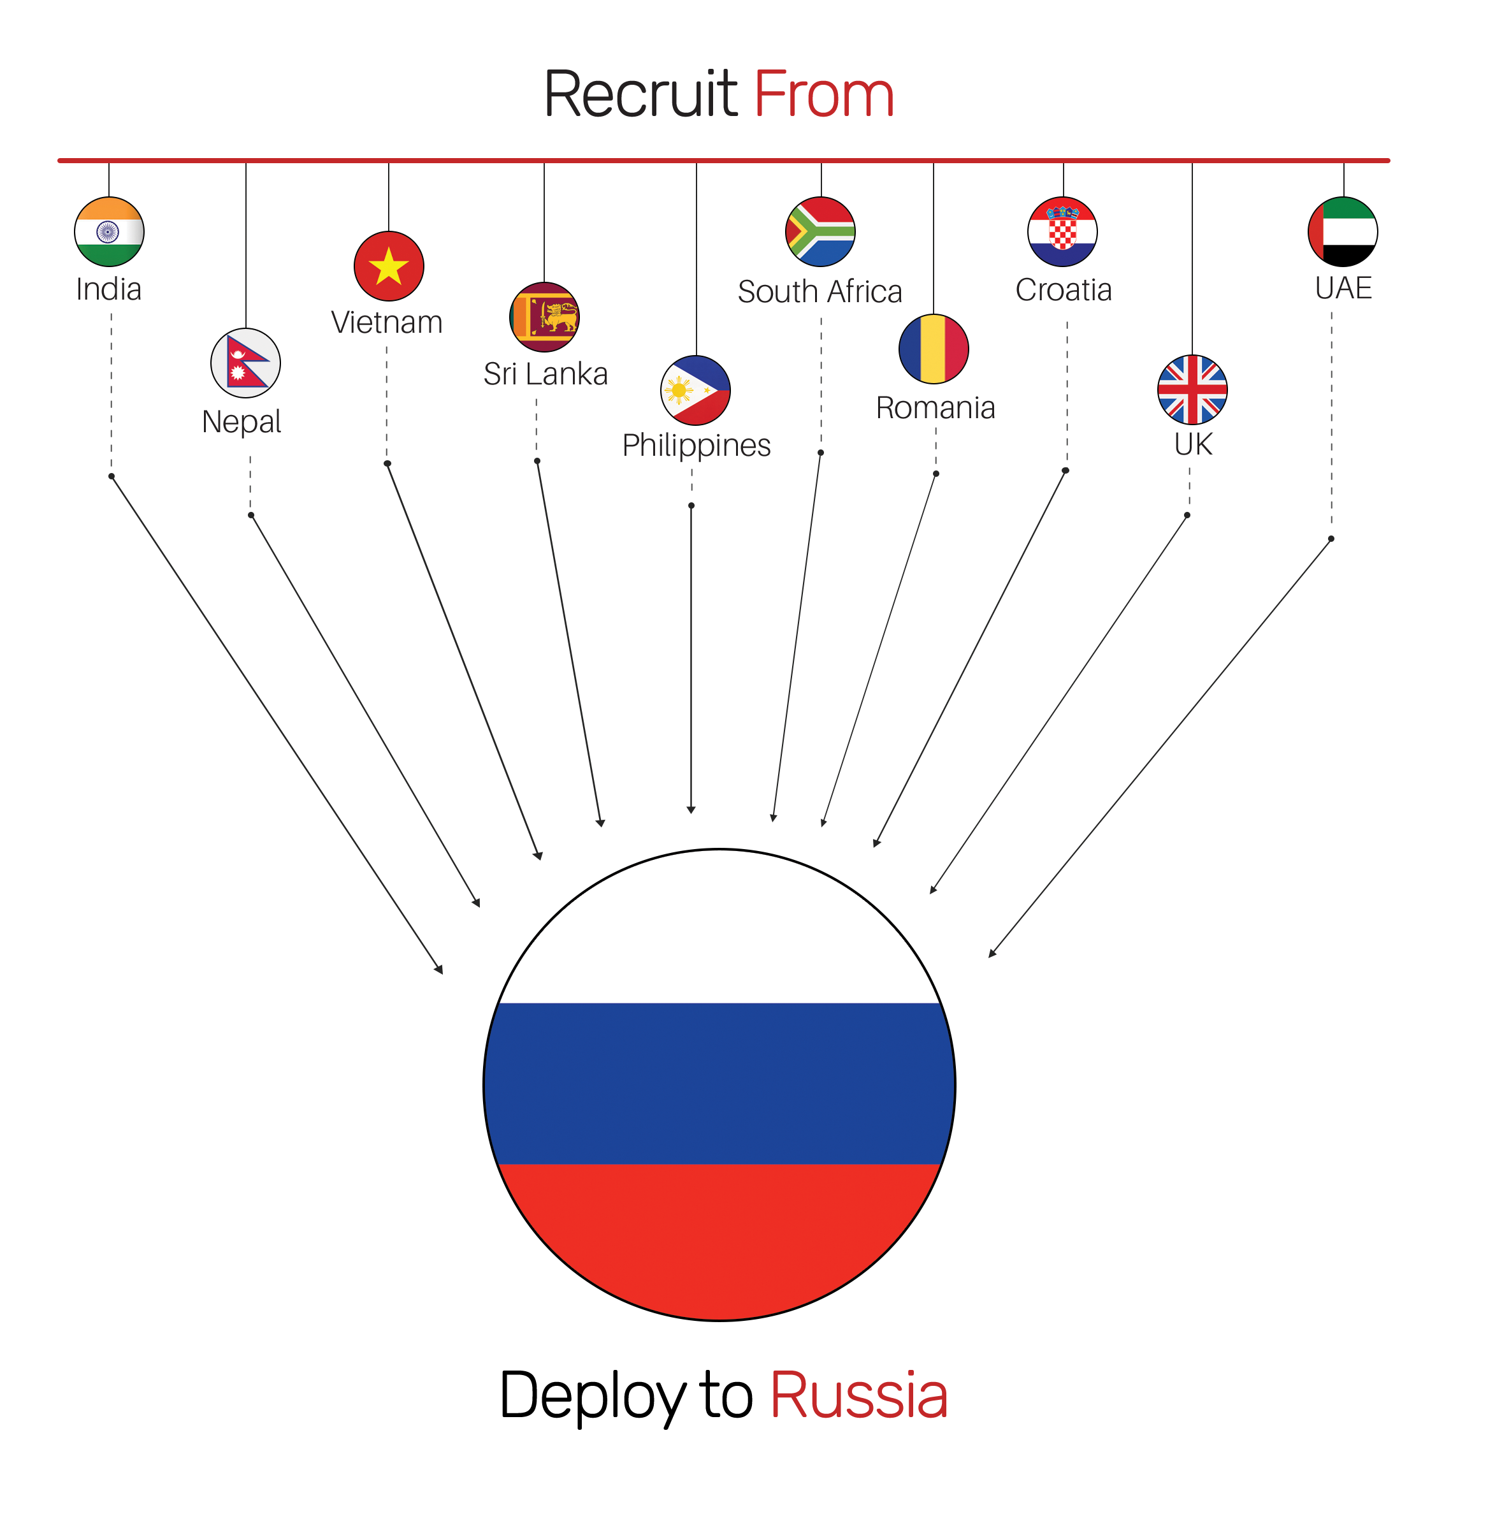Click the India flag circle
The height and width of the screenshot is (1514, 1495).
pyautogui.click(x=109, y=232)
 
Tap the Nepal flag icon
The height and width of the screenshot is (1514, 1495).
pyautogui.click(x=245, y=363)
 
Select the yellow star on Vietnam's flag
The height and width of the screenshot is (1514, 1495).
pyautogui.click(x=389, y=267)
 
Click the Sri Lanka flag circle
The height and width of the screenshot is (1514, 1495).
pyautogui.click(x=544, y=317)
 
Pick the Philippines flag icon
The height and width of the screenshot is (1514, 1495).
pyautogui.click(x=695, y=390)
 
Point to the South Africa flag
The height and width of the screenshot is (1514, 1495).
pyautogui.click(x=820, y=232)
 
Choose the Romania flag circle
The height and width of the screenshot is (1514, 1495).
pyautogui.click(x=933, y=349)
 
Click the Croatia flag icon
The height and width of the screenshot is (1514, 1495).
pyautogui.click(x=1062, y=232)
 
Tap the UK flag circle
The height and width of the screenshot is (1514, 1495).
pyautogui.click(x=1192, y=389)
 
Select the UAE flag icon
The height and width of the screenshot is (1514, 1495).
pyautogui.click(x=1342, y=232)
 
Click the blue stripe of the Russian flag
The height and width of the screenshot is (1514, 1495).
pyautogui.click(x=719, y=1083)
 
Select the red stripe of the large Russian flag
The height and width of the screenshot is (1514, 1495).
pyautogui.click(x=719, y=1238)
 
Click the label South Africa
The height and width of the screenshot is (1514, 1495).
pyautogui.click(x=820, y=291)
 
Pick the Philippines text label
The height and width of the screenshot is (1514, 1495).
pyautogui.click(x=696, y=445)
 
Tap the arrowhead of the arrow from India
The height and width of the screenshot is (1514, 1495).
pyautogui.click(x=440, y=971)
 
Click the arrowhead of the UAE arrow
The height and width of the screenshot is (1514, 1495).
pyautogui.click(x=991, y=954)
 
